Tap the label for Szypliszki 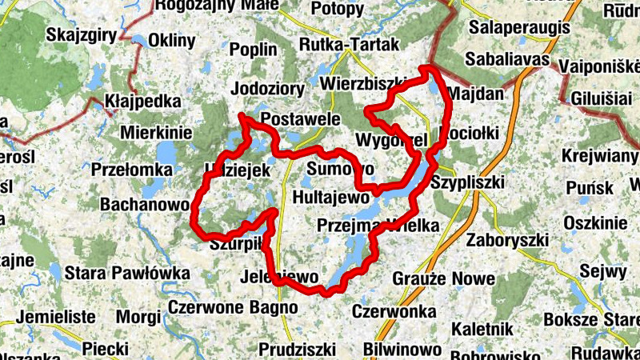(467, 182)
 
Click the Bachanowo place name (144, 204)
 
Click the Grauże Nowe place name (433, 278)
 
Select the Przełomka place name (132, 170)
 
